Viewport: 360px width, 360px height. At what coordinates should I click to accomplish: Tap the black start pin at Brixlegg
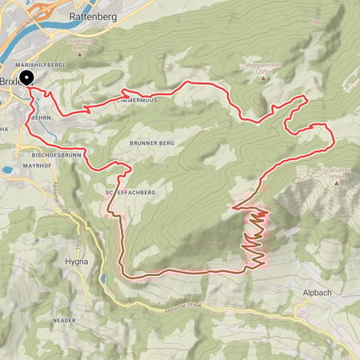tap(26, 78)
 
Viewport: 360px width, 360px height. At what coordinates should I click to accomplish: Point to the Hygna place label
tap(78, 262)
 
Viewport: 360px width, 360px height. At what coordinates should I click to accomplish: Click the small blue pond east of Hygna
tap(104, 278)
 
